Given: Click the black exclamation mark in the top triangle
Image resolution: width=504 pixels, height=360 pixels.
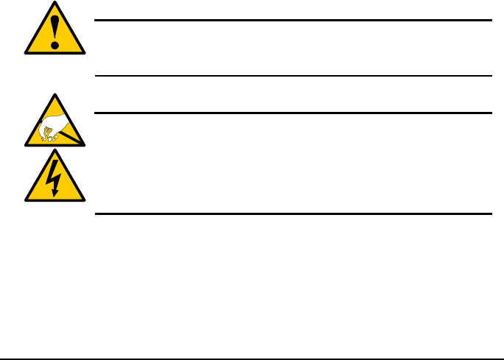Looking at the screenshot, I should tap(55, 33).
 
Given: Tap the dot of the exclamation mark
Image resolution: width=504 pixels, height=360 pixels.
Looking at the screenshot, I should tap(55, 46).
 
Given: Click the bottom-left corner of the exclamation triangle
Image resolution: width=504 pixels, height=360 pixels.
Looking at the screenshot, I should tap(25, 53).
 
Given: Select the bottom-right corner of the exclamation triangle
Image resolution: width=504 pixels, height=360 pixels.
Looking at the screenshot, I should tap(84, 53).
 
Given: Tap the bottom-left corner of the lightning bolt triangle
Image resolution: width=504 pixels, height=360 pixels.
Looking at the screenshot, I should tap(25, 200).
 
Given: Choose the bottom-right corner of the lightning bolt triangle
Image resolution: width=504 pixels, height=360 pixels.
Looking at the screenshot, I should tap(84, 200).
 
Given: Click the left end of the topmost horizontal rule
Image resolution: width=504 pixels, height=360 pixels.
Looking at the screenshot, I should tap(96, 21).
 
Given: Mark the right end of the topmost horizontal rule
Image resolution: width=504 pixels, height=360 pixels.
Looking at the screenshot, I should tap(491, 21).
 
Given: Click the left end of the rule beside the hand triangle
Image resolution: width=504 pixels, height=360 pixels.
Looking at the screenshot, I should tap(96, 113).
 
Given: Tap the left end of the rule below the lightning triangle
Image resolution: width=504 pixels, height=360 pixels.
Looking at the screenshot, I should tap(96, 214).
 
